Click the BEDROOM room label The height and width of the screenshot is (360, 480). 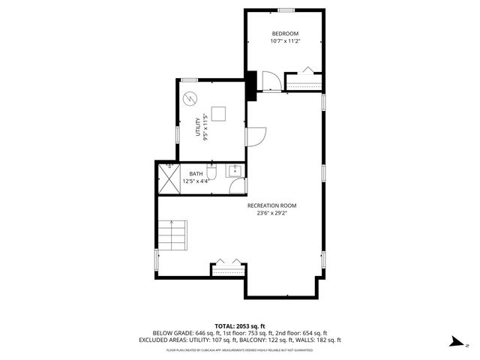[285, 34]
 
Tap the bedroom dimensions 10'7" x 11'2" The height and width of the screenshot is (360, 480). [285, 41]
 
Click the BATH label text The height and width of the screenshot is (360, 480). [195, 174]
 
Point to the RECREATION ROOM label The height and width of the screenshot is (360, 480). [273, 205]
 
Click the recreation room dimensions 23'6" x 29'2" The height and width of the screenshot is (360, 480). [273, 213]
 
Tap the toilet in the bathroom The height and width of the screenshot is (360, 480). [212, 174]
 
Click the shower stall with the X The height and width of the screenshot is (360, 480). [167, 177]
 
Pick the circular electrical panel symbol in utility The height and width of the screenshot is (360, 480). [190, 97]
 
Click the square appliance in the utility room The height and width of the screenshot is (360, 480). [218, 114]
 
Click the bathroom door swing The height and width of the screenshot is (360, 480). [237, 187]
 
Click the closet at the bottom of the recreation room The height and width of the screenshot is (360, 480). [228, 268]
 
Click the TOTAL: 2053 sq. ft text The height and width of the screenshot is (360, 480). [240, 326]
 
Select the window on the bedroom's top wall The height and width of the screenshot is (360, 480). [285, 10]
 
